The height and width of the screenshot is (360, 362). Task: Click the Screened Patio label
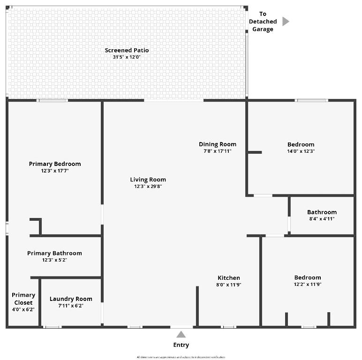127,50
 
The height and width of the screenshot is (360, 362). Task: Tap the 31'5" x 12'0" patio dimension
127,57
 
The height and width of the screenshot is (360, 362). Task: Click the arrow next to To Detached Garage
286,22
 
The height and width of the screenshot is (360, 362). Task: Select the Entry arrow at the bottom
181,334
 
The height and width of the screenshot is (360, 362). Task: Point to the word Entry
181,345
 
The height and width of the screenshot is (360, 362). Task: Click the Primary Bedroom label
55,164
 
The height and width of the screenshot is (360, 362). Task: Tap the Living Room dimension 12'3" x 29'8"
148,187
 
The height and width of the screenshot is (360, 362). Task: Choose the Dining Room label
218,144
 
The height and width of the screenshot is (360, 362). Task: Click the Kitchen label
228,278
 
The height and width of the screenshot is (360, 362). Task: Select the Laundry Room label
71,299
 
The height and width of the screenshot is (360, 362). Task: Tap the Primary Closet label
23,299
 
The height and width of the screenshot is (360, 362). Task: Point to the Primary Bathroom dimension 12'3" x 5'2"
54,260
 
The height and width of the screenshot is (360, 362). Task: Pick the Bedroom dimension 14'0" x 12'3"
301,151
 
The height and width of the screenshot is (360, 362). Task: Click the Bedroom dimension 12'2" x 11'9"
308,285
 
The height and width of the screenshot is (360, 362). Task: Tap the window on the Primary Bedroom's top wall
53,100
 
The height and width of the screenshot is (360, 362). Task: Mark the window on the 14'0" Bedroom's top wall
311,100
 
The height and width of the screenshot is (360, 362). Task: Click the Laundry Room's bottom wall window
52,327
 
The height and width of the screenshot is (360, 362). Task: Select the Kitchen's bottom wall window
228,327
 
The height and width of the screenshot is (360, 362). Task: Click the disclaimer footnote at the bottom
181,357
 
